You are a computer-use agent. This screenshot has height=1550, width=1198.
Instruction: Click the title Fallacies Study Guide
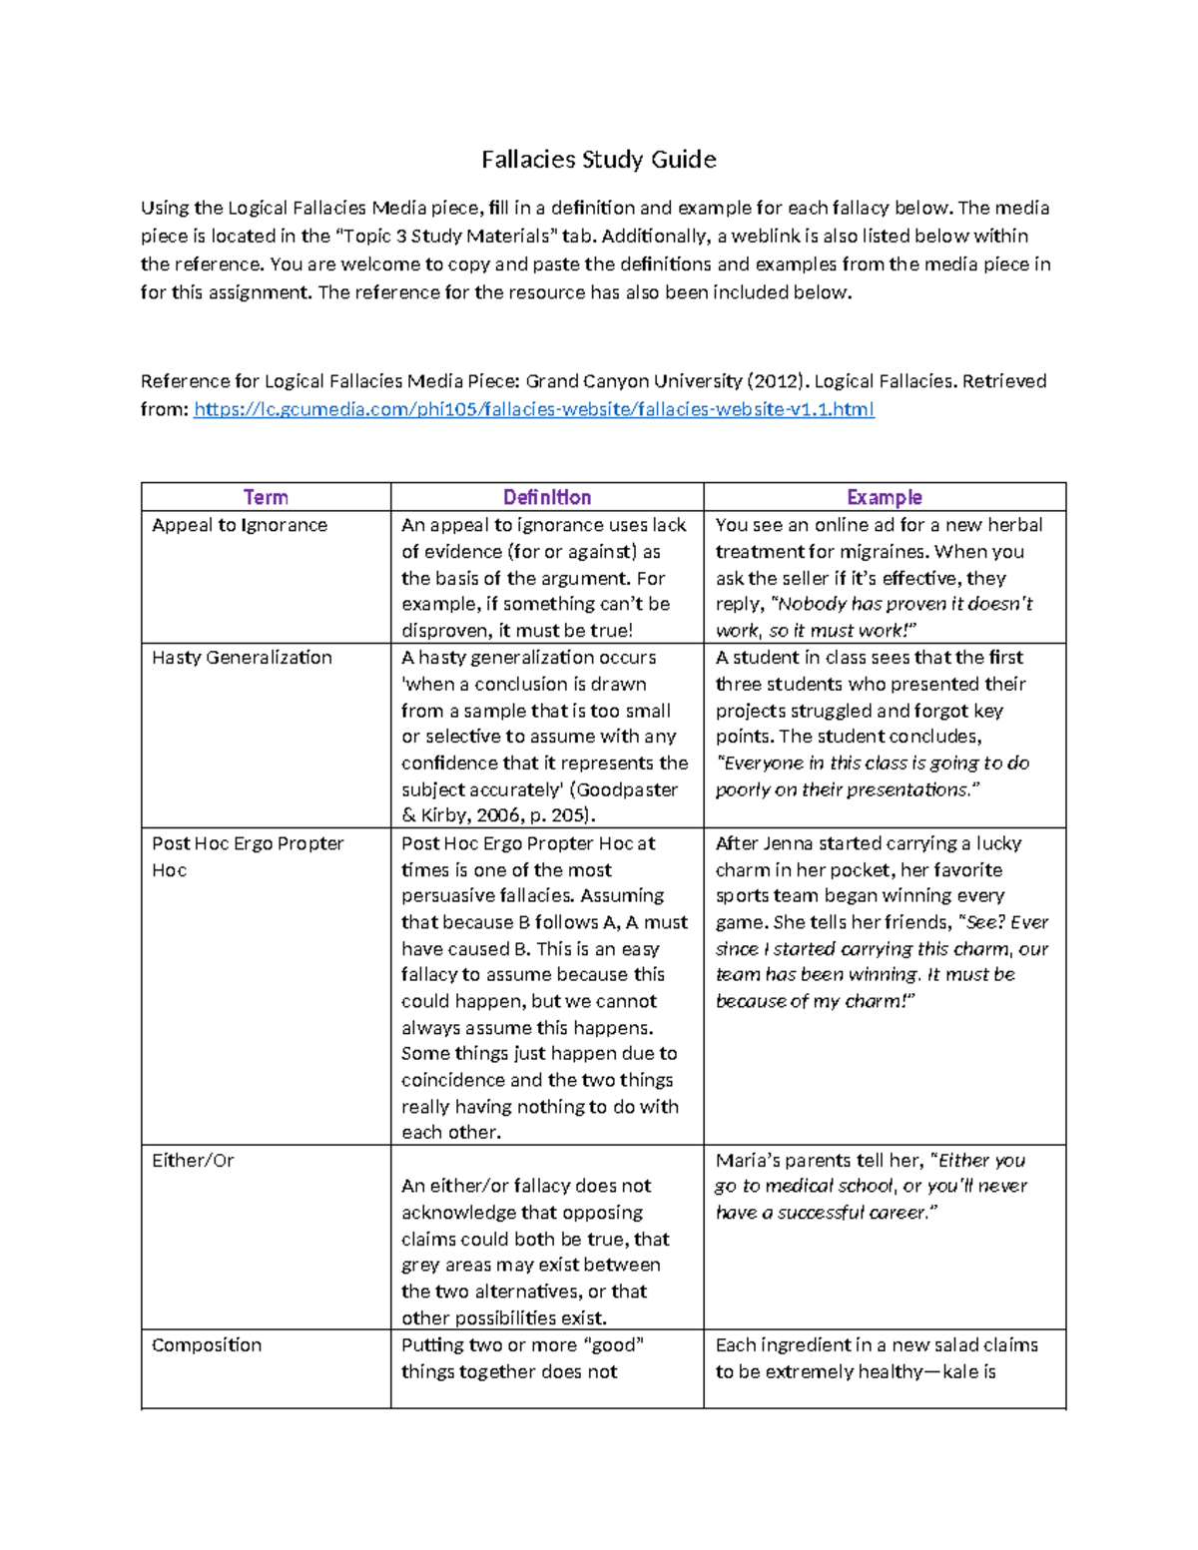pos(598,160)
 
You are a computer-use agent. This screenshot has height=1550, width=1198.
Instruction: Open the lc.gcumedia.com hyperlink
pos(533,409)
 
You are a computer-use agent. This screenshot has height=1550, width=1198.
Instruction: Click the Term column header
pos(266,497)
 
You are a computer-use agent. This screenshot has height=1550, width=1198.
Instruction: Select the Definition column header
pos(547,497)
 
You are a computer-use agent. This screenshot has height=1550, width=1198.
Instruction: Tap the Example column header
pos(884,497)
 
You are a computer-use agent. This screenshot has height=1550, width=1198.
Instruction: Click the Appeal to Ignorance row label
pos(240,525)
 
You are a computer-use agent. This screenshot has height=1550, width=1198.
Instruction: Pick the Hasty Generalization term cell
pos(242,658)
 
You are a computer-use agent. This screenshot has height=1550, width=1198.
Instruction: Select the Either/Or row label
pos(193,1161)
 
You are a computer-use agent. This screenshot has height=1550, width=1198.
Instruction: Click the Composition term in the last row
pos(207,1345)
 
